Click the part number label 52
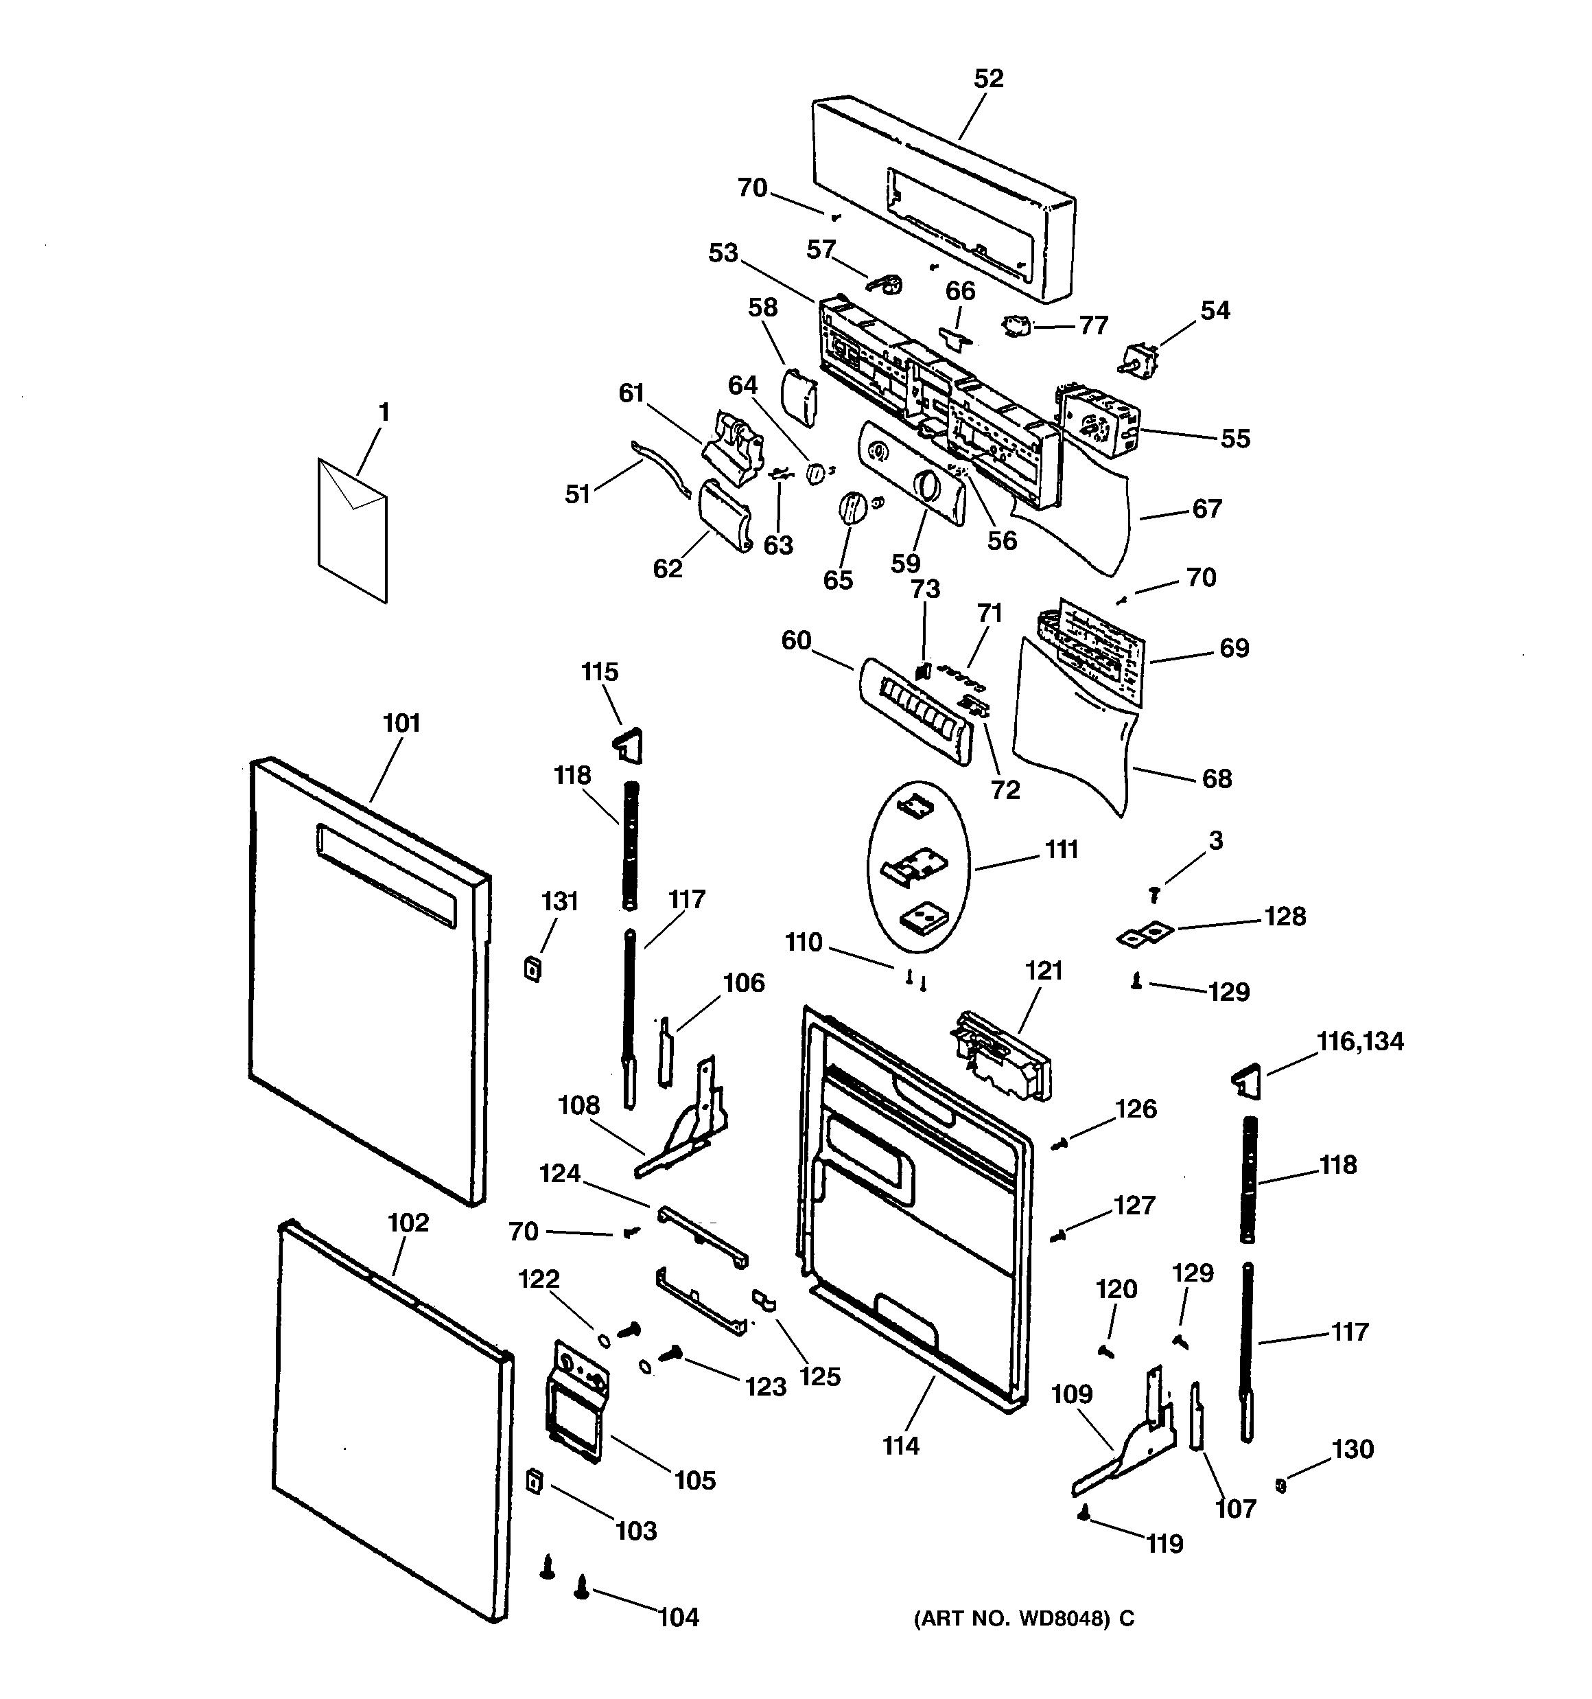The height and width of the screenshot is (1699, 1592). (x=989, y=79)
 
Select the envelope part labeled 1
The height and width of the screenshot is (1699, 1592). (x=352, y=530)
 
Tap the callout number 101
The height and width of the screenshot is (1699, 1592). (x=401, y=723)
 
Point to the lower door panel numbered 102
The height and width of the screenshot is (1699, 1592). (x=393, y=1419)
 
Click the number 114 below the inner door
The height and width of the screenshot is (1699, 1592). (x=901, y=1446)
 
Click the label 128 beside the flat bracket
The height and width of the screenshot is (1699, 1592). (x=1285, y=916)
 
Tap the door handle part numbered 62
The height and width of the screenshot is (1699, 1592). (x=725, y=514)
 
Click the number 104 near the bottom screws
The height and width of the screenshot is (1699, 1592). (x=679, y=1617)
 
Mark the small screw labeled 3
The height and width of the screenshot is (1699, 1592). (x=1154, y=894)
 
